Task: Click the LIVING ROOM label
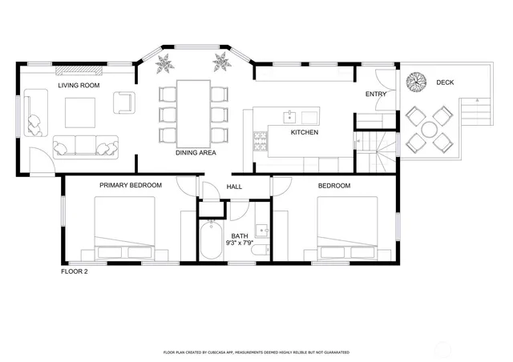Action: (79, 85)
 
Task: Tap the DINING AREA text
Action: (196, 152)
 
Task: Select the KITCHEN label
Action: (305, 132)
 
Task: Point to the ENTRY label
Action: (376, 95)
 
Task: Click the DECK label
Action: (445, 82)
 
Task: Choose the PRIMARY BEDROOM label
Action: (131, 185)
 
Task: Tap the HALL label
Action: (234, 187)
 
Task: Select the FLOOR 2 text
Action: (75, 271)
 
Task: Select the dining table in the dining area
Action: (192, 112)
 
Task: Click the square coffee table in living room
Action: (79, 112)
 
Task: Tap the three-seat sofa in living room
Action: (84, 146)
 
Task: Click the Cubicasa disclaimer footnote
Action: (256, 352)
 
